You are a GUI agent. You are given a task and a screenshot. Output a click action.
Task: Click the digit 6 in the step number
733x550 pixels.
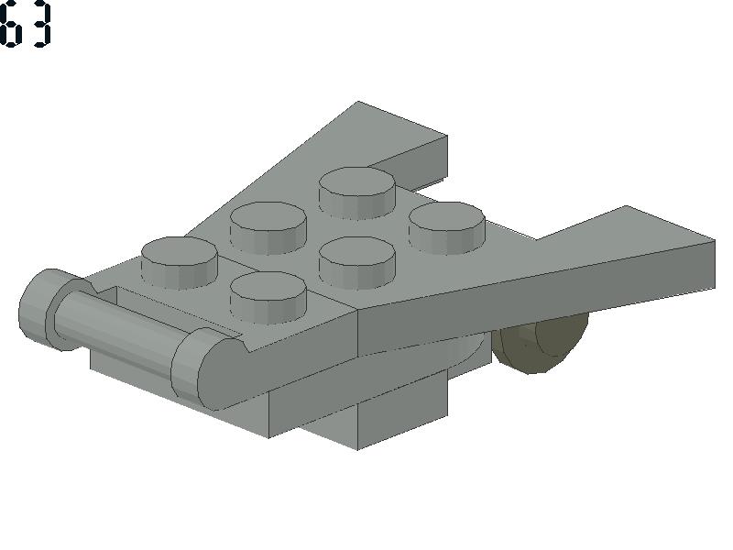(10, 26)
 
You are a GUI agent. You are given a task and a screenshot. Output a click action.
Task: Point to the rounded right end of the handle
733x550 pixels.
(205, 369)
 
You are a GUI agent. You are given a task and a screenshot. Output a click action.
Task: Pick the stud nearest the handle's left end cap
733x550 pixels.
(179, 262)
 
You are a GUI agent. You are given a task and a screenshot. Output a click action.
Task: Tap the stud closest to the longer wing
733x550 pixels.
(447, 227)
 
